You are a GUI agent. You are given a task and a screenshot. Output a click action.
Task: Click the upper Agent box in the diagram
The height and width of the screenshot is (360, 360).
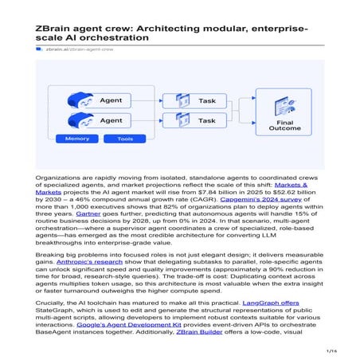point(100,101)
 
